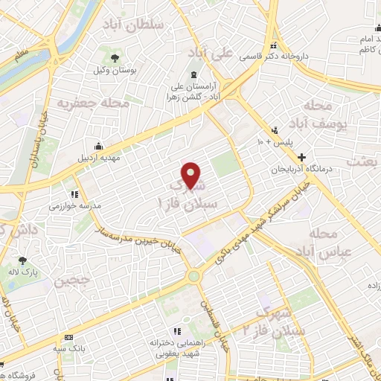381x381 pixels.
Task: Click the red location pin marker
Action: click(x=191, y=175)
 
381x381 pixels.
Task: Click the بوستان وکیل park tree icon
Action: click(x=115, y=58)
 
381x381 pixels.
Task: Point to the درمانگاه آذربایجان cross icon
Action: click(x=301, y=157)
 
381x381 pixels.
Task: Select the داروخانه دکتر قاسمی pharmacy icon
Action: click(x=275, y=45)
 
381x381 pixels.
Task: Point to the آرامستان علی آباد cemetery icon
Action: click(x=194, y=74)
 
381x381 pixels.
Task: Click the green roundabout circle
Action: click(x=194, y=276)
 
